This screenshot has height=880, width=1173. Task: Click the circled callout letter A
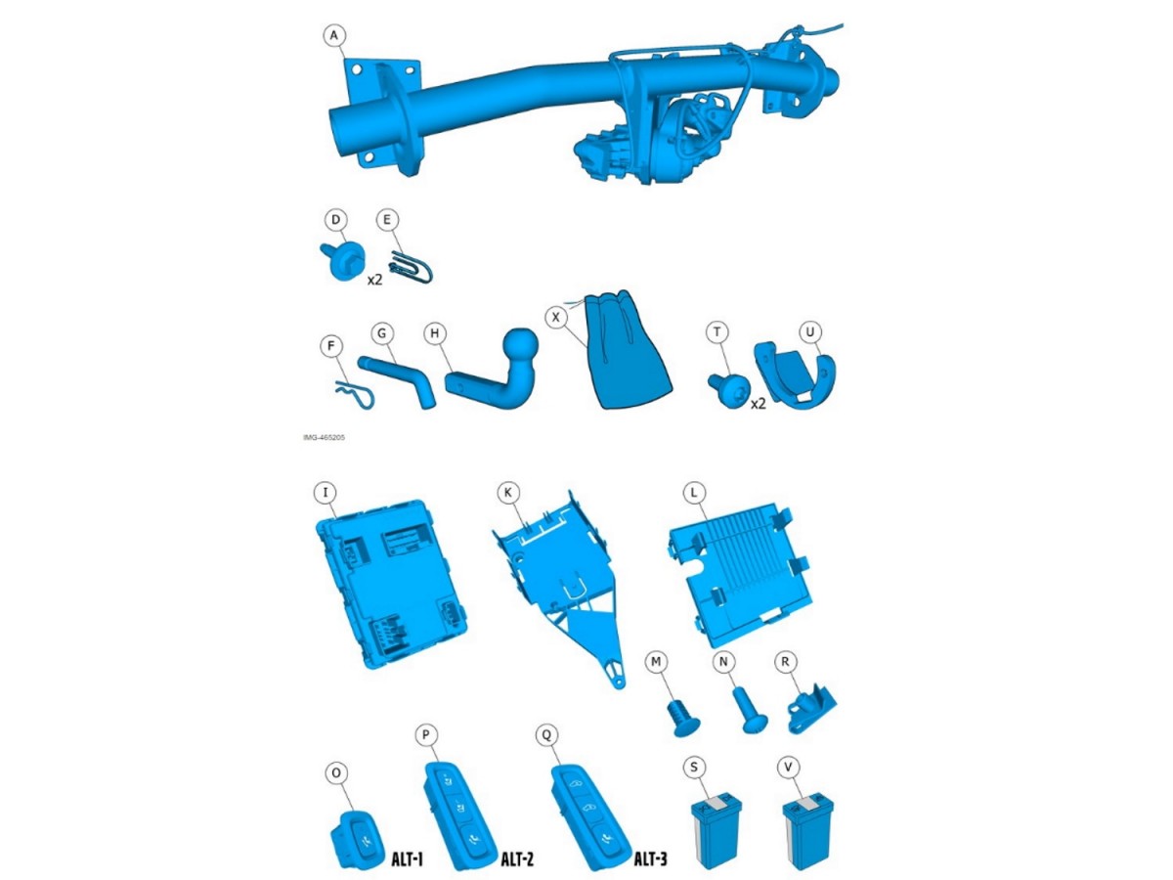coord(334,36)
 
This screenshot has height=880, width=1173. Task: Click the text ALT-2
coord(516,860)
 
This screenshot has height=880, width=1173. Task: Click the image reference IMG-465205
coord(324,438)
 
